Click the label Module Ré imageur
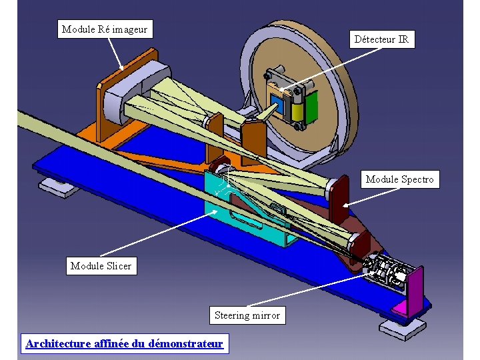coord(104,29)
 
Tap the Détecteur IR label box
coord(381,39)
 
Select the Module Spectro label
coord(399,179)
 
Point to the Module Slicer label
coord(101,266)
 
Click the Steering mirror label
coord(247,315)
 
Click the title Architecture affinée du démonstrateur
coord(124,344)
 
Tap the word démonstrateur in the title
coord(186,344)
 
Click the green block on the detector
coord(312,106)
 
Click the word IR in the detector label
coord(402,39)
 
